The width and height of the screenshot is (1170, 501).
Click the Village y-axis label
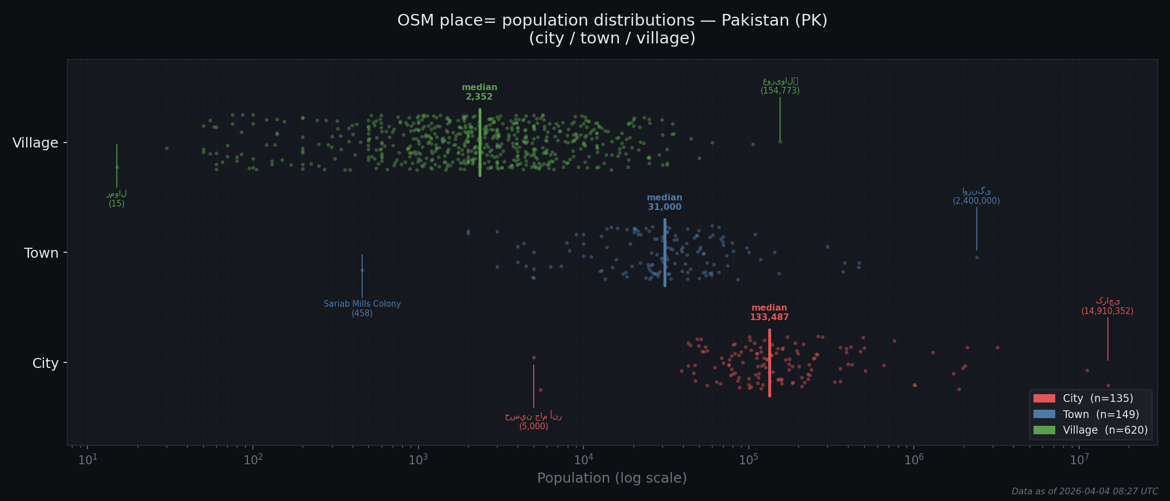point(35,143)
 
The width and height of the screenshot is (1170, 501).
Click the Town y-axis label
point(41,253)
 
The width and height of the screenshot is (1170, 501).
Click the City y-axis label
point(45,364)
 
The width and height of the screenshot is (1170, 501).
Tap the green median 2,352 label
point(479,92)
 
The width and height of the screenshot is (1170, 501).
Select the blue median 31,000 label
point(664,202)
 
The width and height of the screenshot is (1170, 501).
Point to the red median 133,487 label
point(769,312)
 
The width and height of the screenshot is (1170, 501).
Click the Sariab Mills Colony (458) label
point(362,308)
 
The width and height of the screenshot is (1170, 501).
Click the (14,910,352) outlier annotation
point(1107,311)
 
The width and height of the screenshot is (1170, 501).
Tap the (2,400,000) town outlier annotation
point(976,201)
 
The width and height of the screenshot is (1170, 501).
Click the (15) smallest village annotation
point(116,204)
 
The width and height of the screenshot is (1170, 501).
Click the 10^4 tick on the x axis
point(583,460)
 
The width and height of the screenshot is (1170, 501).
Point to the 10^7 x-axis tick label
point(1079,460)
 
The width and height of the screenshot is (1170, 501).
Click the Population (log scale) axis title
point(612,478)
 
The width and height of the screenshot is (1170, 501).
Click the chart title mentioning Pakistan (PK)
point(612,29)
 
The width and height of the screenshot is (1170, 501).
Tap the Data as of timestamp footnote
point(1084,492)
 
